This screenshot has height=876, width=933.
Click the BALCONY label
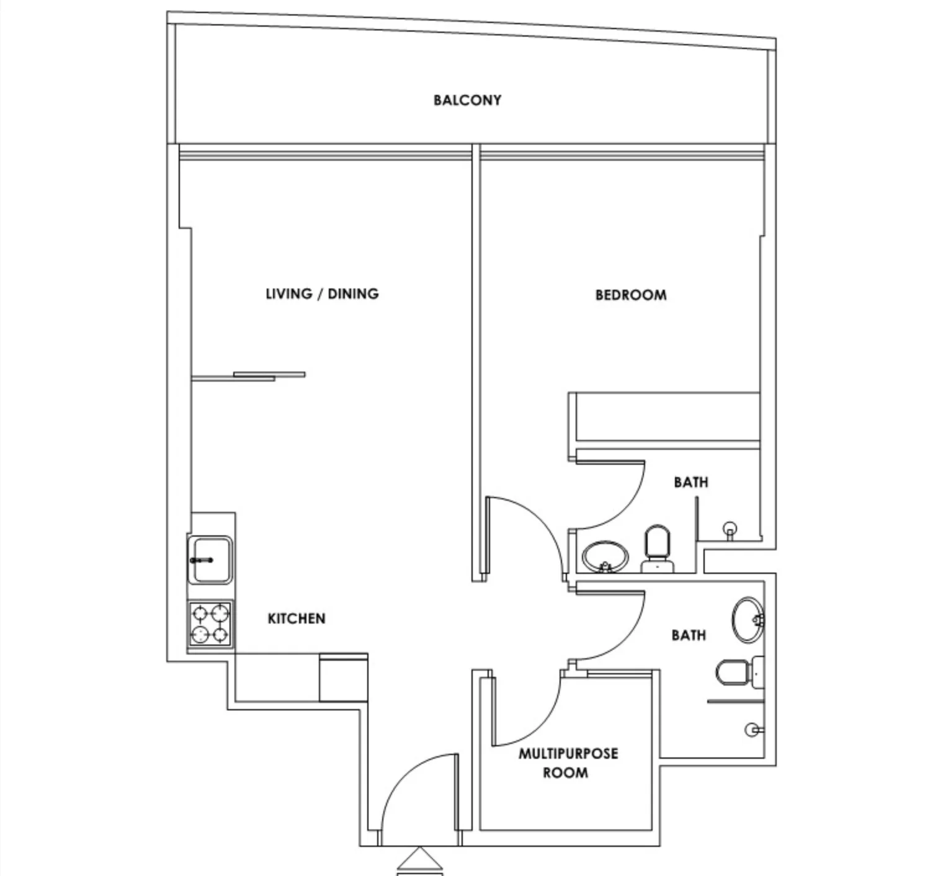click(x=467, y=100)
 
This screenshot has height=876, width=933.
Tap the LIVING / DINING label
click(x=323, y=293)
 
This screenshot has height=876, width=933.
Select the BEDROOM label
click(x=631, y=295)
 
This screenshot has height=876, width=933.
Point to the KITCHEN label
click(x=297, y=619)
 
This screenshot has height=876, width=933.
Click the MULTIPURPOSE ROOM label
click(x=568, y=763)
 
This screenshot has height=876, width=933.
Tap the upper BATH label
click(x=691, y=482)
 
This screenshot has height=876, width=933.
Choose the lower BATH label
click(x=689, y=635)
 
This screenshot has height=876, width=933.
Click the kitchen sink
click(x=210, y=560)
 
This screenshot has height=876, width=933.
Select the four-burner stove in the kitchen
click(x=210, y=624)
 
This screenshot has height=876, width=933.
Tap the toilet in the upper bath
click(x=657, y=548)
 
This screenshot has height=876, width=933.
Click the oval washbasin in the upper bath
click(x=605, y=557)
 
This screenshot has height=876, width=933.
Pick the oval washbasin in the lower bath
click(x=748, y=620)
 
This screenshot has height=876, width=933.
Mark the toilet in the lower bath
click(x=740, y=673)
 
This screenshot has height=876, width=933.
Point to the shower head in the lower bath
click(x=754, y=730)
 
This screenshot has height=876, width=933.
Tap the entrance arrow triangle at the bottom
click(x=420, y=859)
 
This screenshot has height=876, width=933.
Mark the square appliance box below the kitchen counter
click(x=344, y=677)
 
